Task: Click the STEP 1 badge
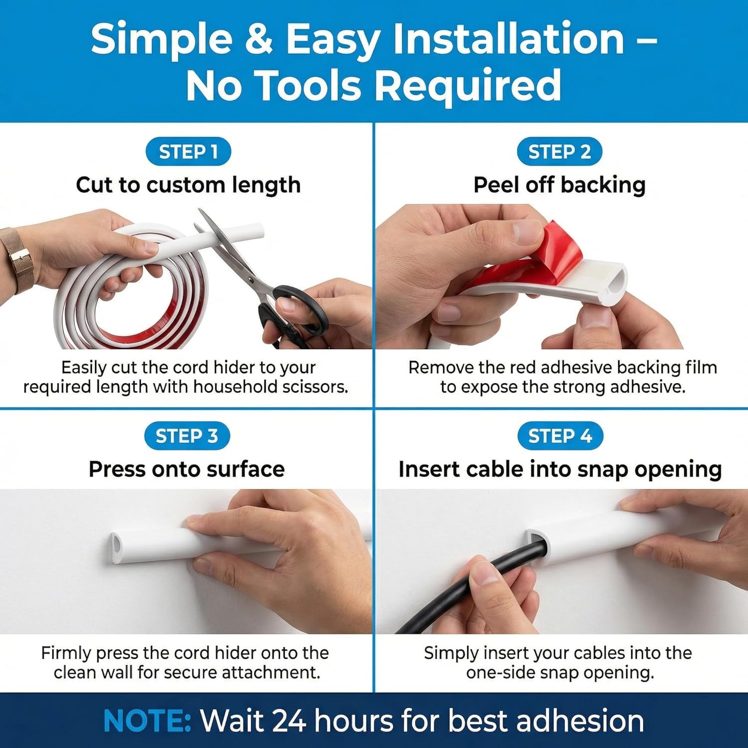pyautogui.click(x=188, y=152)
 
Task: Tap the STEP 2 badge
pyautogui.click(x=559, y=152)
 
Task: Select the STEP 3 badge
pyautogui.click(x=187, y=436)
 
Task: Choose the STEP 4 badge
pyautogui.click(x=560, y=436)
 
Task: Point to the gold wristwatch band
pyautogui.click(x=17, y=259)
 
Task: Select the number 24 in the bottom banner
pyautogui.click(x=289, y=721)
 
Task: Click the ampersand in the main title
pyautogui.click(x=259, y=40)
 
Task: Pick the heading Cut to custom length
pyautogui.click(x=188, y=185)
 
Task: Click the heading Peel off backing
pyautogui.click(x=559, y=185)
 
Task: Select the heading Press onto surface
pyautogui.click(x=187, y=469)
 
